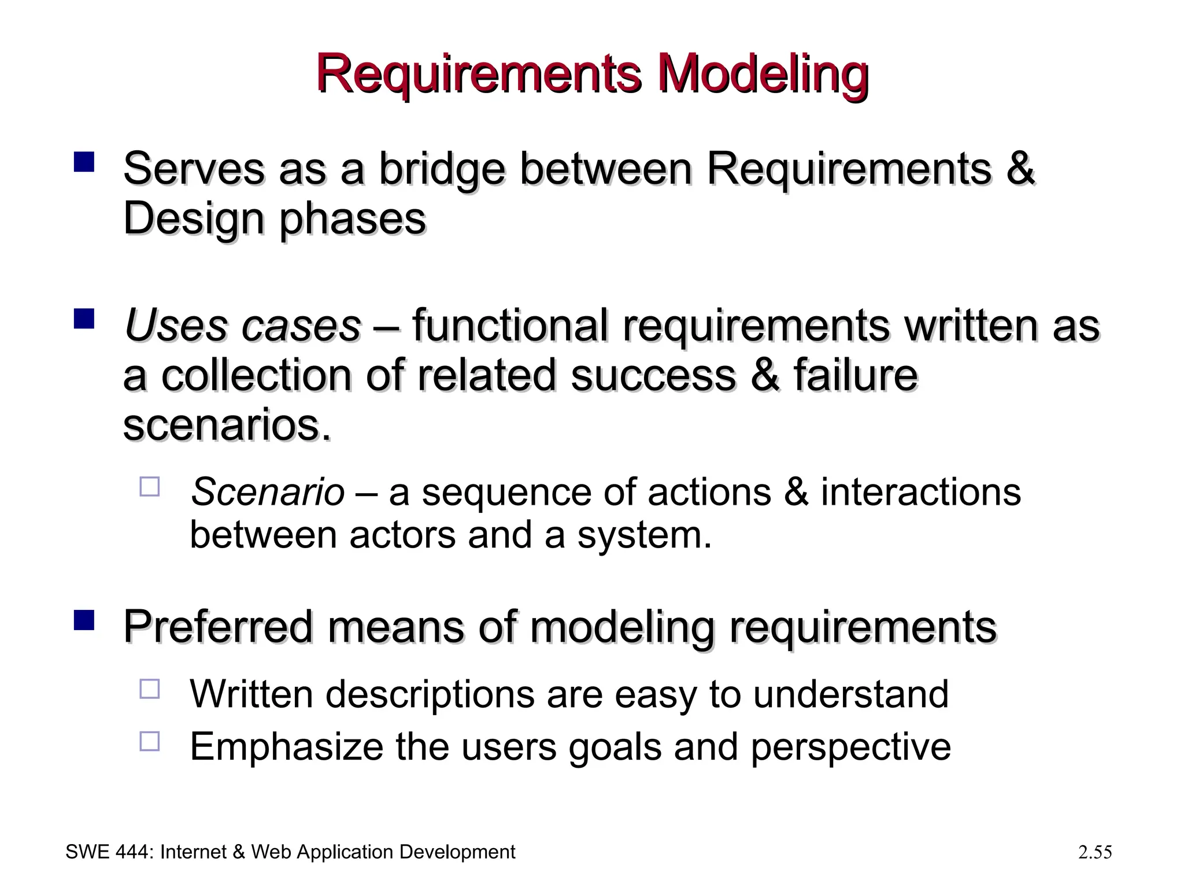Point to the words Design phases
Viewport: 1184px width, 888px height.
coord(275,220)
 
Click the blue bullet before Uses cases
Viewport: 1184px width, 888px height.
coord(84,319)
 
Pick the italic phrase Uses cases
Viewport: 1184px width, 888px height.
coord(243,325)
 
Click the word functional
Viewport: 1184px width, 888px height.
coord(509,325)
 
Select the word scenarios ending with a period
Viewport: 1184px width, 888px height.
coord(228,425)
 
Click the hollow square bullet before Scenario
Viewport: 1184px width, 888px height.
coord(150,487)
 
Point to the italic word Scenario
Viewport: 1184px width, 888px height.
coord(268,493)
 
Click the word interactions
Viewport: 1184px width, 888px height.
coord(920,493)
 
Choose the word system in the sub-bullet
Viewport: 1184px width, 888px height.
coord(643,535)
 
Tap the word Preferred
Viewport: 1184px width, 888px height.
coord(218,627)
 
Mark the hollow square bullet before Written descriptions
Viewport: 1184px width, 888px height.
coord(150,689)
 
